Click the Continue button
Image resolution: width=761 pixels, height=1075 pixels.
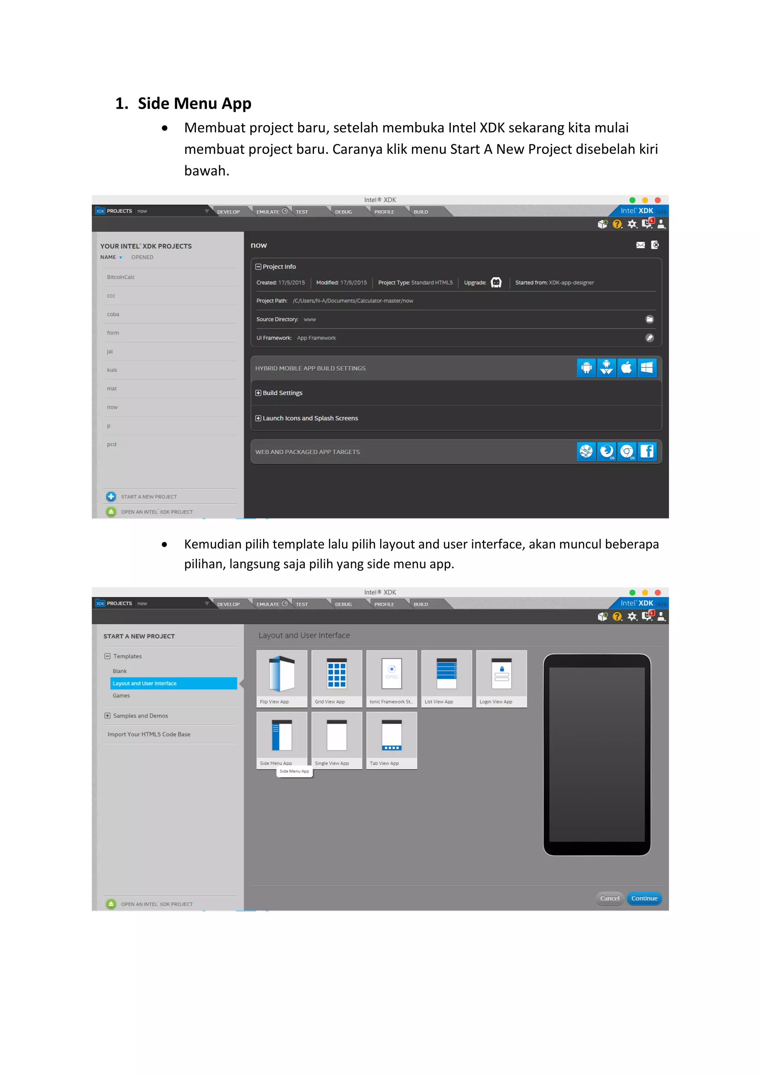click(644, 898)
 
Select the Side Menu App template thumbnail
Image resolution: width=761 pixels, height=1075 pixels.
click(282, 735)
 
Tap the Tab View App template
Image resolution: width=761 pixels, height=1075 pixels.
click(391, 735)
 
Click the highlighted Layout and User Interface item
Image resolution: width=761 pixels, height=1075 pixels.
click(174, 683)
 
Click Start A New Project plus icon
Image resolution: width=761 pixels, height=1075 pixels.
click(111, 496)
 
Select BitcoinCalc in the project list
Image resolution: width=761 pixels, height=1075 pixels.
click(121, 277)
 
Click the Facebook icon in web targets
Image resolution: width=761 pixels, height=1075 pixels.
click(647, 451)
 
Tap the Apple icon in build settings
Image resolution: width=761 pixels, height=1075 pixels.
click(626, 368)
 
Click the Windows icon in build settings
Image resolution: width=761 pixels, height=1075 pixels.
click(647, 368)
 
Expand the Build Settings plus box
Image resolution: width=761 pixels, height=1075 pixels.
click(258, 393)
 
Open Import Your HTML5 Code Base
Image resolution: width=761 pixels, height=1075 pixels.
click(149, 734)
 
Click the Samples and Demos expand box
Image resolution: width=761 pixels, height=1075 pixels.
click(107, 715)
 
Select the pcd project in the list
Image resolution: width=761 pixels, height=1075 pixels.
click(111, 444)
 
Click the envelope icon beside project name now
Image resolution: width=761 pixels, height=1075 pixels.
click(640, 245)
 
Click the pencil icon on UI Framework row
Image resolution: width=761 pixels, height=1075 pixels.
click(650, 337)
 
